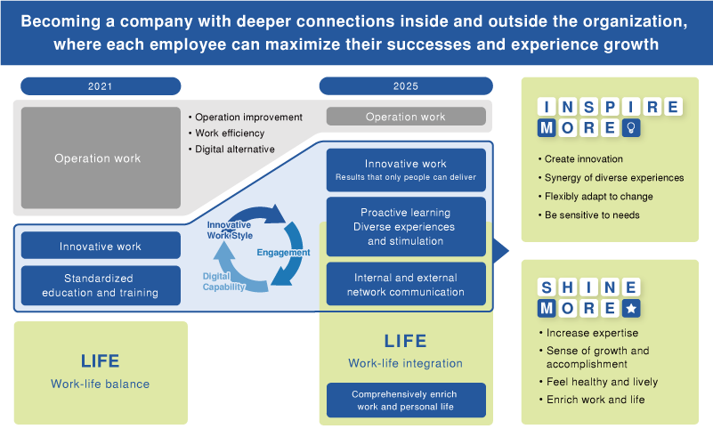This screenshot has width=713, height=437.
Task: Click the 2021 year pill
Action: (x=101, y=86)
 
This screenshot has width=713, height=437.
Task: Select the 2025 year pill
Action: (x=406, y=86)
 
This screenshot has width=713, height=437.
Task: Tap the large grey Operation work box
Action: (x=97, y=158)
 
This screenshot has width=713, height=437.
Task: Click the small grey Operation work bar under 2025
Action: (x=406, y=117)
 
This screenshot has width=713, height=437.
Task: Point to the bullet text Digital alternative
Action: (x=235, y=150)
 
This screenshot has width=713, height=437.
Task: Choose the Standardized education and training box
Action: (x=100, y=286)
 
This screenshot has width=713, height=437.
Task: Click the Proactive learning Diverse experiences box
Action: (x=406, y=227)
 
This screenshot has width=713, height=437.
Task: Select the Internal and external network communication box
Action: (x=406, y=285)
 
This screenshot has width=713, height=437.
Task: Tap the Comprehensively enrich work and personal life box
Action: (x=406, y=400)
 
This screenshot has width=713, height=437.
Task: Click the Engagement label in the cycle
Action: (x=283, y=253)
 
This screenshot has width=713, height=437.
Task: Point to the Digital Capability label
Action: (x=223, y=281)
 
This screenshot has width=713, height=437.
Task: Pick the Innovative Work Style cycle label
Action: (x=229, y=230)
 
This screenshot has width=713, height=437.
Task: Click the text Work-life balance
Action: (x=100, y=384)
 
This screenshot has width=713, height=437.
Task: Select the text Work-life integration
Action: (x=406, y=363)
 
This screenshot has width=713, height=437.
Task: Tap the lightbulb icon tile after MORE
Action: (x=630, y=128)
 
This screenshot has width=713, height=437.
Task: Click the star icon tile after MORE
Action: (x=630, y=308)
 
